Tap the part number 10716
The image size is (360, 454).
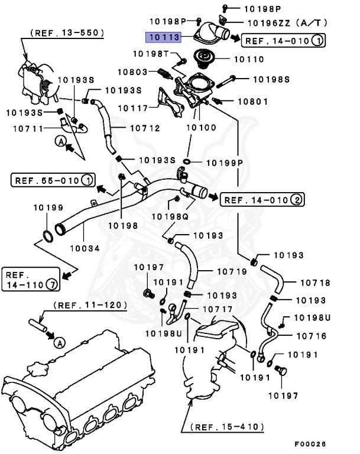tap(311, 336)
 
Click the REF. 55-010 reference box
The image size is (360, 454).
tap(53, 179)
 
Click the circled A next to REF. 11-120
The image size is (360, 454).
tap(59, 342)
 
